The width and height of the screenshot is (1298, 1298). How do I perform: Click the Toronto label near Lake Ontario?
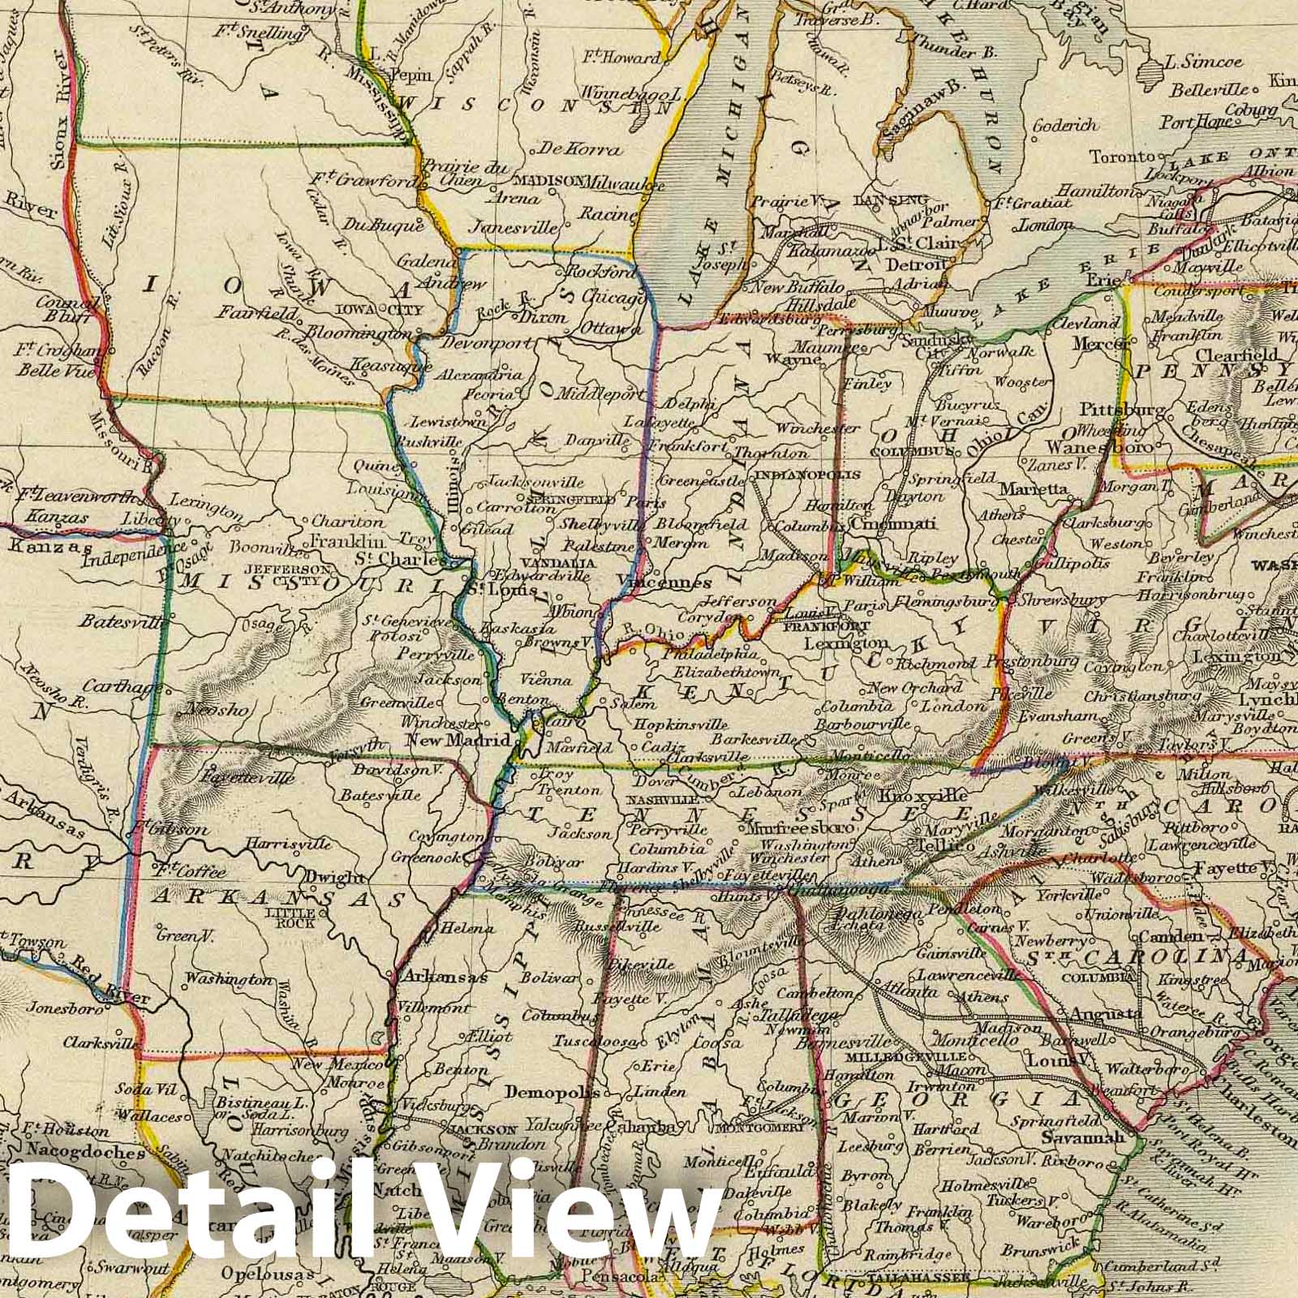1121,156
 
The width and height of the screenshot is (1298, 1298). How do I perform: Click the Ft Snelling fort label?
247,37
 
